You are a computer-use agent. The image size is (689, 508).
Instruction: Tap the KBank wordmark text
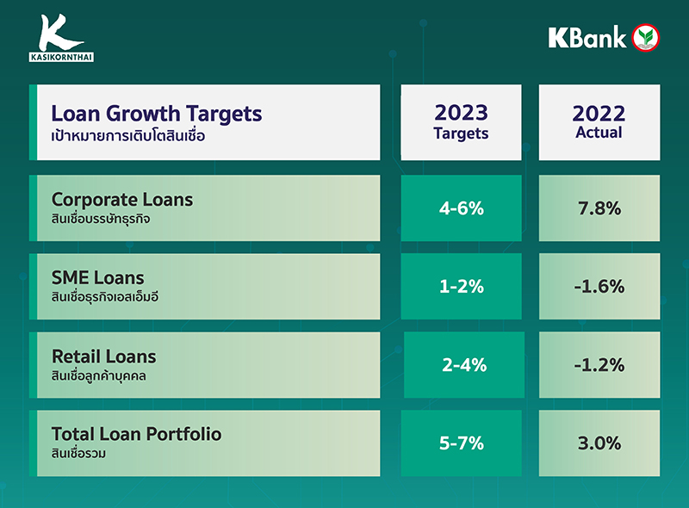pyautogui.click(x=587, y=37)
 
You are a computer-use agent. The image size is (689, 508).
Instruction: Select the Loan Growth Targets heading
pyautogui.click(x=156, y=114)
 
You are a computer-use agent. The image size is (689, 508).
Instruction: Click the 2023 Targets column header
pyautogui.click(x=461, y=121)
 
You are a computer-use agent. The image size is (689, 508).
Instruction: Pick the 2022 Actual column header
pyautogui.click(x=599, y=121)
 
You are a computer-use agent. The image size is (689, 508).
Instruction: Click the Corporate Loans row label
pyautogui.click(x=122, y=200)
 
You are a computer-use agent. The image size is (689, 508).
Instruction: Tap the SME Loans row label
pyautogui.click(x=97, y=278)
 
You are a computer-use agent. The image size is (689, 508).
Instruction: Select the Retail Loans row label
pyautogui.click(x=103, y=356)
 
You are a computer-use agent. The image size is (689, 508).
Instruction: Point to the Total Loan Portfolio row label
pyautogui.click(x=136, y=434)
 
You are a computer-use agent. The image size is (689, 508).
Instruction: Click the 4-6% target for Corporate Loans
pyautogui.click(x=461, y=208)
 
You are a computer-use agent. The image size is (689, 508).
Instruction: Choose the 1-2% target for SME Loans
pyautogui.click(x=461, y=287)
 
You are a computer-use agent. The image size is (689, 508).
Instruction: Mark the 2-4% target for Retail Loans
pyautogui.click(x=464, y=365)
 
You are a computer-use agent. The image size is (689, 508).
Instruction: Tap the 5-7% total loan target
pyautogui.click(x=461, y=443)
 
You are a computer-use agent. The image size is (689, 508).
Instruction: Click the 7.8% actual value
pyautogui.click(x=599, y=208)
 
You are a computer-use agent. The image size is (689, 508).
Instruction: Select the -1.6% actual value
pyautogui.click(x=599, y=287)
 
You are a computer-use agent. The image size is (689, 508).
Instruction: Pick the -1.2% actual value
pyautogui.click(x=599, y=365)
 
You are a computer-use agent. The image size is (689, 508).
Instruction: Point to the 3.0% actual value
pyautogui.click(x=599, y=443)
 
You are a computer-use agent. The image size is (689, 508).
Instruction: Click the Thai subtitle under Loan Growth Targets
pyautogui.click(x=129, y=136)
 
